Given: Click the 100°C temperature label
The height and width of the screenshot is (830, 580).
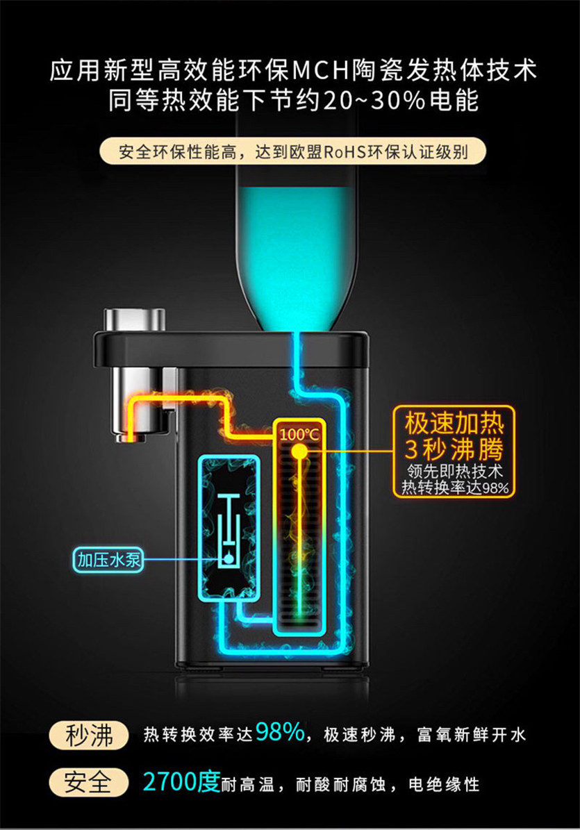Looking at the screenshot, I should (299, 435).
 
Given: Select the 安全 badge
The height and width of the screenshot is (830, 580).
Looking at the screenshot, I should (88, 783).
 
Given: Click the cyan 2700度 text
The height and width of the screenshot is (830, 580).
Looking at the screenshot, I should (181, 782).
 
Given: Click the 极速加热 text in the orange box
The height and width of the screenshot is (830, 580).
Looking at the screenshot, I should (454, 422).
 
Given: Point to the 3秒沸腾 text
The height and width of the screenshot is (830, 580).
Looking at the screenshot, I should (454, 447).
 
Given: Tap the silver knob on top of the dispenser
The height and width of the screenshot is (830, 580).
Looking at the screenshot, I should (135, 320).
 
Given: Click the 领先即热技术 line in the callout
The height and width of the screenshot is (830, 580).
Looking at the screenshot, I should (455, 472).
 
